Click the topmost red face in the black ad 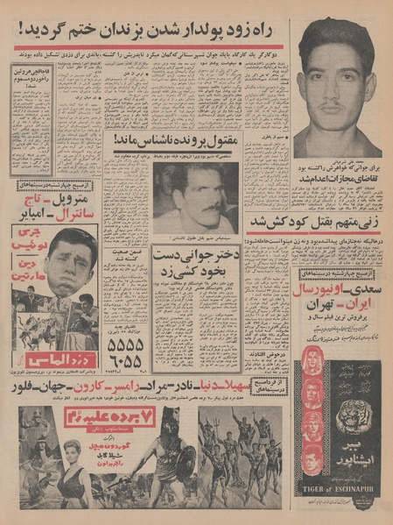313,362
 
